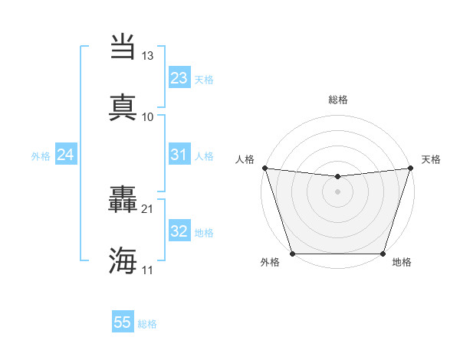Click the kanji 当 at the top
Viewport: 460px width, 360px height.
click(x=123, y=47)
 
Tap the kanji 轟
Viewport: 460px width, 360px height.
click(x=123, y=201)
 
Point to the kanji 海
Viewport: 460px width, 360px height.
click(x=123, y=260)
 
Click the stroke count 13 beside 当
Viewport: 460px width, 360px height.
click(x=148, y=56)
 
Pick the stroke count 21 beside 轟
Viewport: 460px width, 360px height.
click(x=148, y=208)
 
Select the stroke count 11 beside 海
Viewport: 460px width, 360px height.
click(x=148, y=270)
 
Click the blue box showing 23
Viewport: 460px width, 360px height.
click(x=179, y=78)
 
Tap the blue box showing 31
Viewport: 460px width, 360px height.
click(x=179, y=155)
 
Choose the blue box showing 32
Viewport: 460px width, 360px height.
click(x=179, y=231)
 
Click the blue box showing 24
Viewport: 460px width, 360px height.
click(x=66, y=155)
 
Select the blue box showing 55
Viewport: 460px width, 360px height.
click(x=123, y=322)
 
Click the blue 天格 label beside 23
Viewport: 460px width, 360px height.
click(x=204, y=79)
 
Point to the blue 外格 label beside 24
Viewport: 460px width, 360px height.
click(x=41, y=156)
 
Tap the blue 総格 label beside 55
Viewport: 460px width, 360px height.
click(x=147, y=324)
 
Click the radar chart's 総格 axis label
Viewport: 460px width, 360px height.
click(x=338, y=100)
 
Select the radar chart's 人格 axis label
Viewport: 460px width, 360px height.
click(x=245, y=159)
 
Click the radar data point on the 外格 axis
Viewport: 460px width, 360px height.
click(x=292, y=254)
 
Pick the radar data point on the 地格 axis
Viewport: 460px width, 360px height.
click(x=383, y=254)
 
